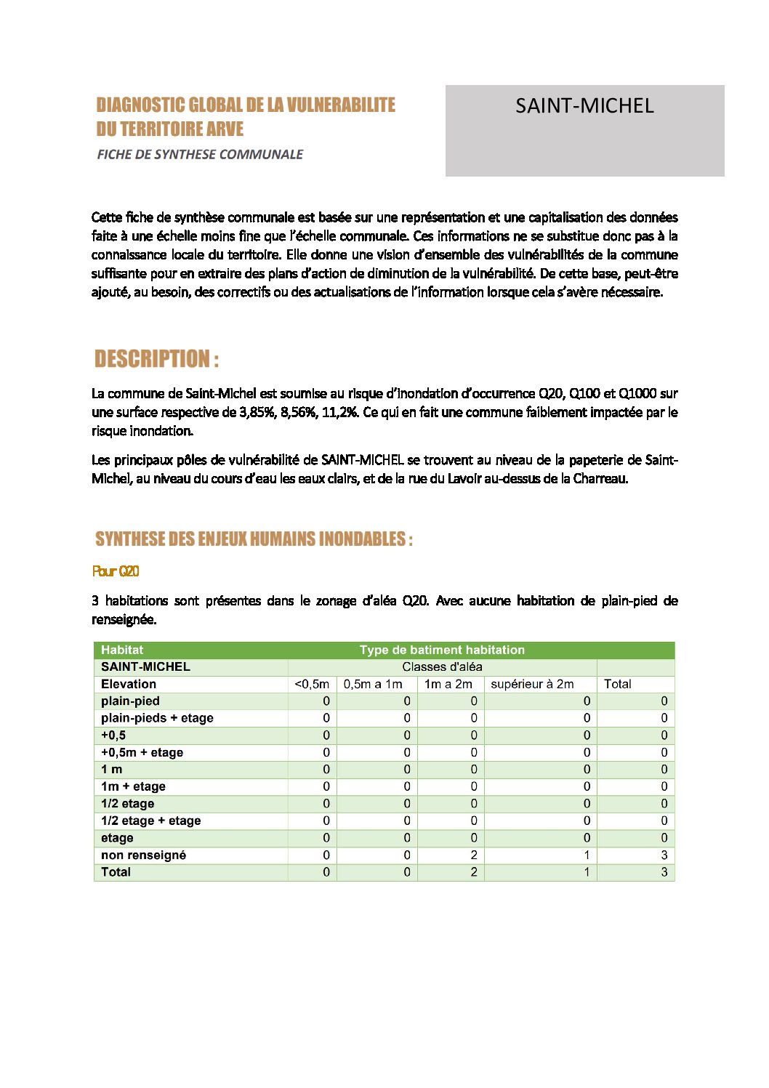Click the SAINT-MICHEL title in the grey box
[x=584, y=106]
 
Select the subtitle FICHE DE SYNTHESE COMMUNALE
[x=200, y=154]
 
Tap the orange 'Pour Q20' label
[x=116, y=571]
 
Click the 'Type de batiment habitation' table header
[x=442, y=650]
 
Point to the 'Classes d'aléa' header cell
[x=442, y=666]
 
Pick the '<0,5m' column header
[x=312, y=684]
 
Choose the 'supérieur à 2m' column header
[x=532, y=684]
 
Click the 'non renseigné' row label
[x=143, y=855]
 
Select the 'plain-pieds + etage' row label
[x=157, y=718]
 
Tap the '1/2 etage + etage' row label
[x=150, y=821]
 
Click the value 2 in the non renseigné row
[x=473, y=855]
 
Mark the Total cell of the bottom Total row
[x=664, y=872]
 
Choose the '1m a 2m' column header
[x=448, y=684]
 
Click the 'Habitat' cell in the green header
[x=122, y=650]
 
